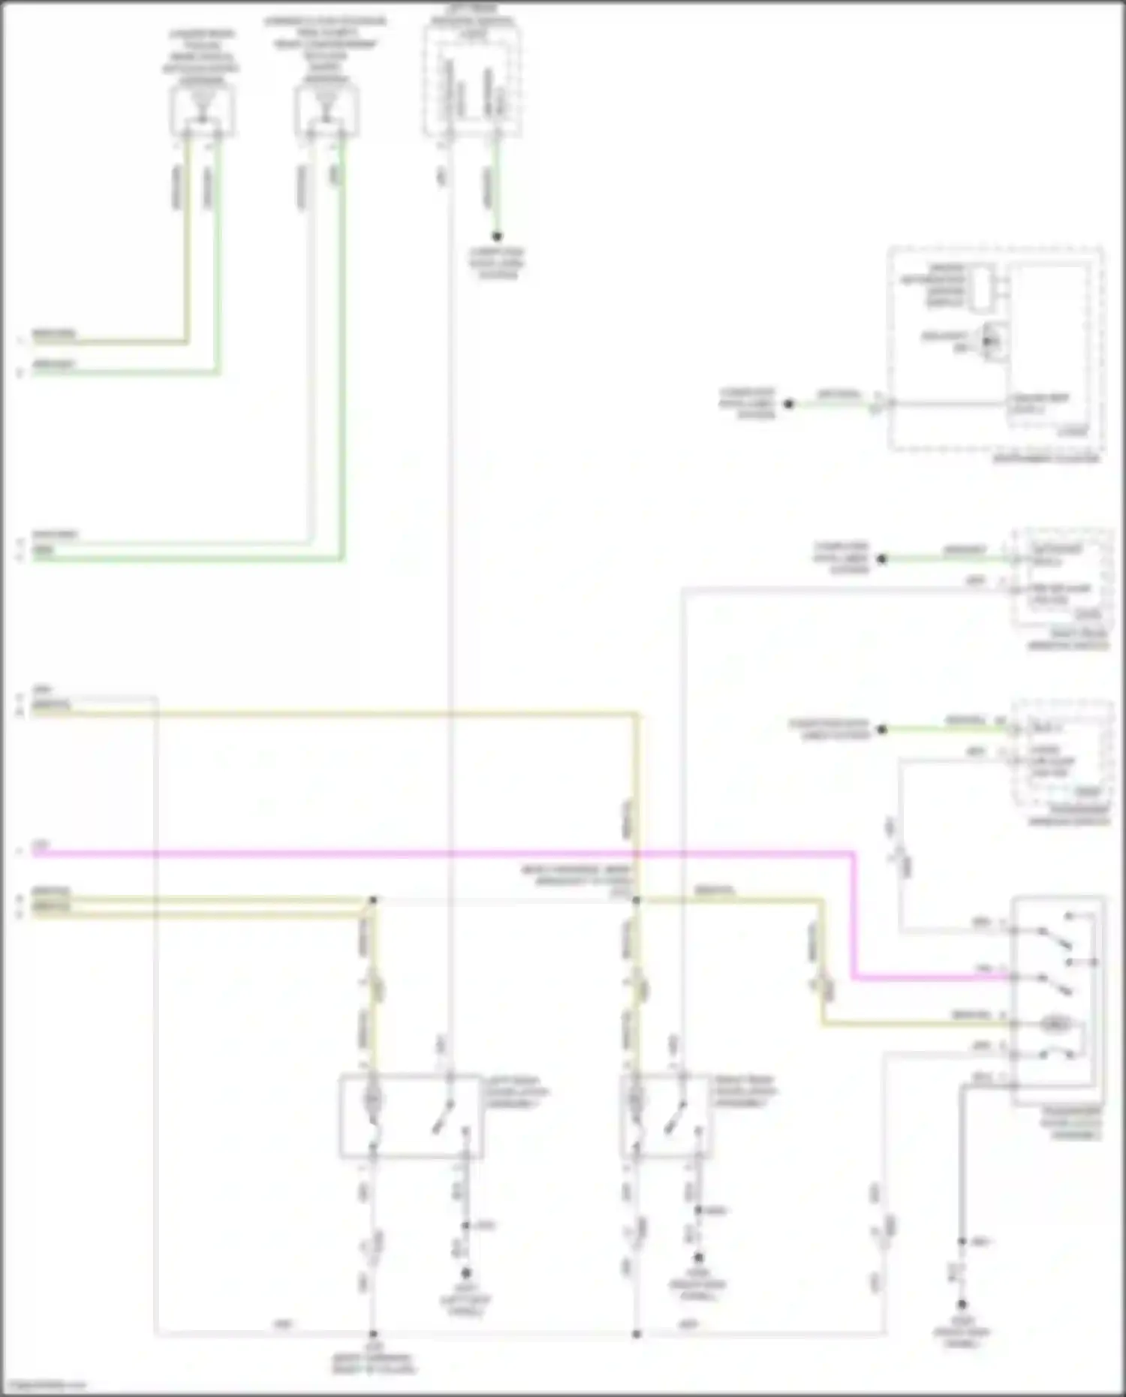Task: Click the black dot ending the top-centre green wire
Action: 496,236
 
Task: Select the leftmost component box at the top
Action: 202,110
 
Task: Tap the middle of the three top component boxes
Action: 327,110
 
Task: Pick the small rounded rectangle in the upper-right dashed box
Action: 980,288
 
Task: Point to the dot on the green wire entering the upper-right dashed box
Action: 788,404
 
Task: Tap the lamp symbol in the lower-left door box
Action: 372,1101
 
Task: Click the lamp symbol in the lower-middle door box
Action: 635,1101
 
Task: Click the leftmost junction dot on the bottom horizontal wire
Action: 372,1334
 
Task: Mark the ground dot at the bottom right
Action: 961,1305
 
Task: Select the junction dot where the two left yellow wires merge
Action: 372,899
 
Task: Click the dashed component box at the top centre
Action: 472,77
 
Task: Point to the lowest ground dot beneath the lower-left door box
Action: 465,1273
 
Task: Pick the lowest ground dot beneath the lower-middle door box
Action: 697,1257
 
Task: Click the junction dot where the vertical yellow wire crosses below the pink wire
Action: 636,899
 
